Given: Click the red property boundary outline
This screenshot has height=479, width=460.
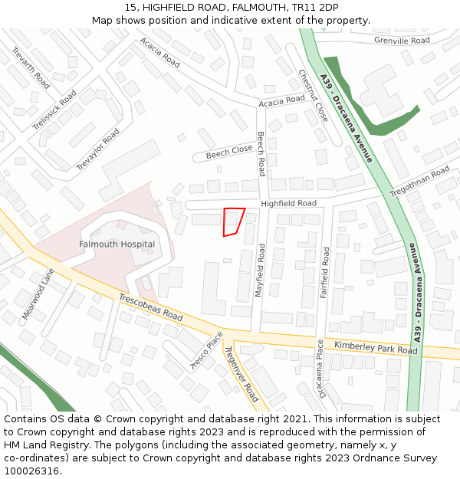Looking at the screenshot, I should click(x=233, y=221).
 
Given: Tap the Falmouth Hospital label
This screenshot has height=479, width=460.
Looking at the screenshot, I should click(x=117, y=244).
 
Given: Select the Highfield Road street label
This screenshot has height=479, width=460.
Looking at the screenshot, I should click(x=288, y=204).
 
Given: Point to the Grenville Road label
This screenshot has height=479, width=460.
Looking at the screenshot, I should click(x=402, y=40).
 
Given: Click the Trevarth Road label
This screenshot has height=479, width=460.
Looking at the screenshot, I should click(x=31, y=67).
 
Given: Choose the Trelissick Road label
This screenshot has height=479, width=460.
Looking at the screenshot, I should click(x=54, y=110).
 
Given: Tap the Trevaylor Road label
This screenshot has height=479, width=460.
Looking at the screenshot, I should click(x=98, y=149).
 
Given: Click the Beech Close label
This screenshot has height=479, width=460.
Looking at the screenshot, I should click(x=228, y=151).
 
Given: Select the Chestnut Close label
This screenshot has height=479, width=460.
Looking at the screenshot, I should click(x=313, y=95).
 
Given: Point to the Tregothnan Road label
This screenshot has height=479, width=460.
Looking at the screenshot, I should click(x=419, y=181).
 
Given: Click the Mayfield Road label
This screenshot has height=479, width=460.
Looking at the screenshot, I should click(x=261, y=271).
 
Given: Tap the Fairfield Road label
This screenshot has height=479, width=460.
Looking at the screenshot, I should click(x=325, y=272).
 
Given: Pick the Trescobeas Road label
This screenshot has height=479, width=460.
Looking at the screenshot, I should click(x=150, y=307).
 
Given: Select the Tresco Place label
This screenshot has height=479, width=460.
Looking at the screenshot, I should click(x=206, y=351).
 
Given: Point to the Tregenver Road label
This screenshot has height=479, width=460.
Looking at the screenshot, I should click(x=241, y=374).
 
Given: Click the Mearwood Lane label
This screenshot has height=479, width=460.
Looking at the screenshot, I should click(x=38, y=294).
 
